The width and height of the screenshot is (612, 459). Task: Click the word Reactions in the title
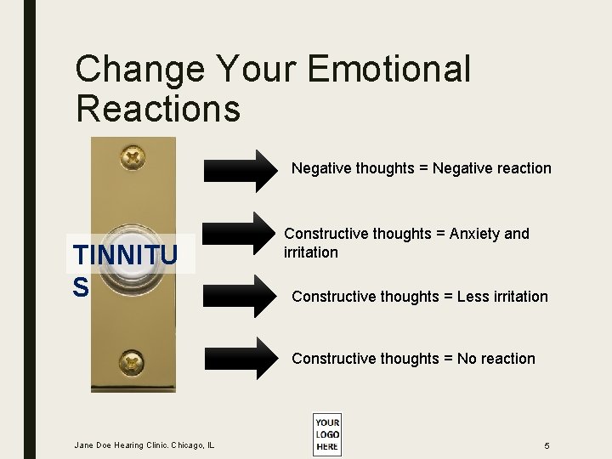158,109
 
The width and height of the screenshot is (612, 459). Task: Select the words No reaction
496,359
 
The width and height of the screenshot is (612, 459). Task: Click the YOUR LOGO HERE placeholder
327,434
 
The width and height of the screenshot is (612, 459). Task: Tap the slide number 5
547,445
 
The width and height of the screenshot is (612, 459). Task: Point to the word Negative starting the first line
321,168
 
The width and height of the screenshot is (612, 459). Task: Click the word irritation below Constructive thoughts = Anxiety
310,252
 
